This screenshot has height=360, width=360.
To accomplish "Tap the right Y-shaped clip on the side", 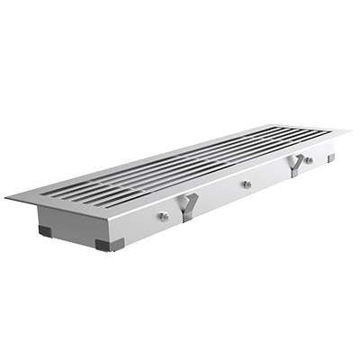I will click(x=296, y=165).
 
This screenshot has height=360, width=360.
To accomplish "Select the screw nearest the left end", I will click(x=164, y=216).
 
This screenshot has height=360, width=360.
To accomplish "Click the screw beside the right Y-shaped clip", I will click(x=309, y=160).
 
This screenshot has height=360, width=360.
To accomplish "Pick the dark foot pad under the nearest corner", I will click(x=105, y=244).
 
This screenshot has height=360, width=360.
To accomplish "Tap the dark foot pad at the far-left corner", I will click(x=45, y=230).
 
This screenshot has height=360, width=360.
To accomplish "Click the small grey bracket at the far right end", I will click(x=331, y=157).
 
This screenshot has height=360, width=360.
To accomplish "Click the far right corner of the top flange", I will click(x=349, y=133).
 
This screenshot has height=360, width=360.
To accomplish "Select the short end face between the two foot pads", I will click(x=72, y=226).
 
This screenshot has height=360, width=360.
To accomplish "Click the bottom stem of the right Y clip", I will click(x=296, y=172).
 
